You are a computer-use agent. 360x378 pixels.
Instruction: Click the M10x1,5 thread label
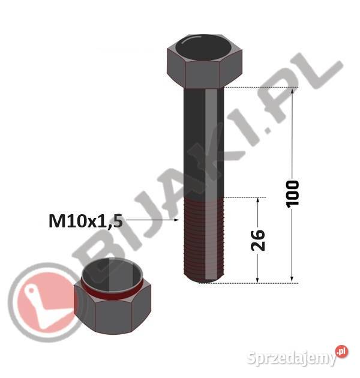tap(86, 221)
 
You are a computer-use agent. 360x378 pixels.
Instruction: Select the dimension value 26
tap(258, 240)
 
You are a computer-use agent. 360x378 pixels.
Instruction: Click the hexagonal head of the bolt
tap(205, 61)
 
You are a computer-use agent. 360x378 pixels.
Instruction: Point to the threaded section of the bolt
tap(204, 240)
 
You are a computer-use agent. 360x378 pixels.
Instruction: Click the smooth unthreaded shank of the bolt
tap(204, 142)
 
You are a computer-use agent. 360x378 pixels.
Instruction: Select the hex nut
tap(112, 296)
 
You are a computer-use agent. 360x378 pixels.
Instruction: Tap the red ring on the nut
tap(112, 291)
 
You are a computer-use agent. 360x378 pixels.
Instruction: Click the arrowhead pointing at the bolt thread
tap(177, 220)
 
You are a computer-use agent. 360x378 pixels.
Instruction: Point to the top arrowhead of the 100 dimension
tap(292, 91)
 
